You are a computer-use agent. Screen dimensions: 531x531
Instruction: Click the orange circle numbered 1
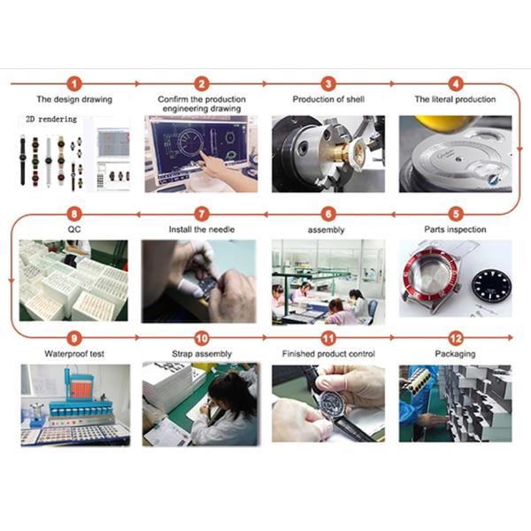(74, 84)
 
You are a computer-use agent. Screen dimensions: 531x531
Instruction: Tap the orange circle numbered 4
(456, 84)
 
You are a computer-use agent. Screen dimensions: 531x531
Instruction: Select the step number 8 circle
(74, 214)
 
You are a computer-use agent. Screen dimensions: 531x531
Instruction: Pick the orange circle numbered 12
(456, 338)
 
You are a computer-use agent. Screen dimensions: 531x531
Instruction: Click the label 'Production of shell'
(328, 99)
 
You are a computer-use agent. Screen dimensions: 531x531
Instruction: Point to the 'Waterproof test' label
(74, 354)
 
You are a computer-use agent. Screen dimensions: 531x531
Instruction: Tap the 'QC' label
(74, 229)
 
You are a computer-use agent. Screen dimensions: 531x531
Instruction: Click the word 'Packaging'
(455, 354)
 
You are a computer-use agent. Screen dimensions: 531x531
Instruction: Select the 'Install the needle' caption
(202, 229)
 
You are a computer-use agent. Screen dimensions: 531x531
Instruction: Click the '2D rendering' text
(51, 119)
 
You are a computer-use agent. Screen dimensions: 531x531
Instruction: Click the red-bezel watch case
(430, 279)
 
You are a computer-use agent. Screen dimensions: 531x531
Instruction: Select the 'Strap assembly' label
(202, 354)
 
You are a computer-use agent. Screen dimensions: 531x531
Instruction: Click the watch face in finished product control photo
(332, 404)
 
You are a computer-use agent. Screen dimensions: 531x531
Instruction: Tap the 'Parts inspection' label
(455, 229)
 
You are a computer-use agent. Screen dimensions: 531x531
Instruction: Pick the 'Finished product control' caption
(328, 354)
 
